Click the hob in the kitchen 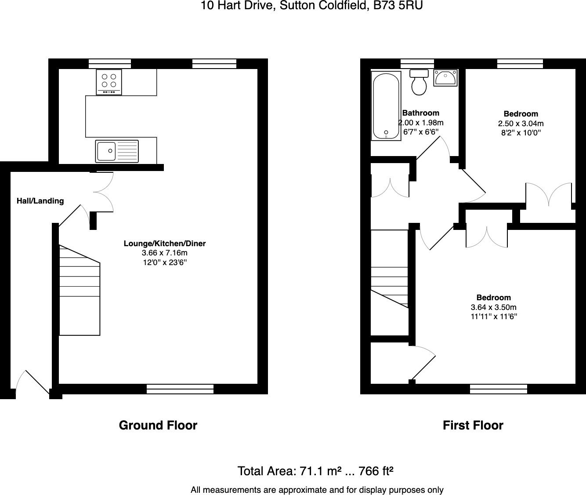109,82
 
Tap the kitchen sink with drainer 117,151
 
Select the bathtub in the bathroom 386,106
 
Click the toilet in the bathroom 419,82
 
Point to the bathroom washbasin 445,78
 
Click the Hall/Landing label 40,201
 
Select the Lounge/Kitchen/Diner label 164,244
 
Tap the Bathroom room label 420,113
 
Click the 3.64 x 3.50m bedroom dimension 493,307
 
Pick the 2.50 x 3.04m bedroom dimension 521,124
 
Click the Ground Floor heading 158,425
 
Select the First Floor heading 473,425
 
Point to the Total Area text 315,471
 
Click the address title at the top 311,6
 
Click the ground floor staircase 80,290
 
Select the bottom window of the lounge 180,389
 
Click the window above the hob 110,64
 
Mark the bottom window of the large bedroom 498,389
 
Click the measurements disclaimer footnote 317,490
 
